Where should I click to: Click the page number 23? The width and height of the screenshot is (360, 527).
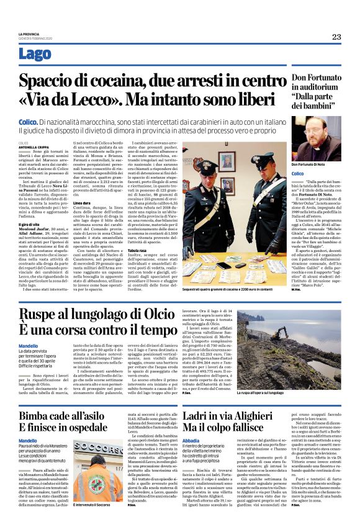pos(336,37)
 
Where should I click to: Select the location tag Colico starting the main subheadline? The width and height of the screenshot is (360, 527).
pos(29,124)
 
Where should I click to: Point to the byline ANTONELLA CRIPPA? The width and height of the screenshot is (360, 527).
pos(32,146)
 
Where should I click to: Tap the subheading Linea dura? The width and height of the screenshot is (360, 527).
pos(83,202)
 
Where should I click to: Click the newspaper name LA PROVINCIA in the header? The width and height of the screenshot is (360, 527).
pos(30,34)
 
